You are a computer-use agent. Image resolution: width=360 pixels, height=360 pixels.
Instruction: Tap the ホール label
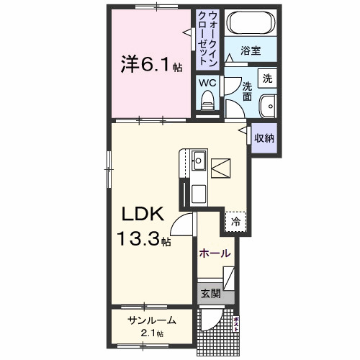[x=215, y=253]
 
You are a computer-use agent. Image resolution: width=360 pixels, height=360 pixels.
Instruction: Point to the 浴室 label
[x=250, y=51]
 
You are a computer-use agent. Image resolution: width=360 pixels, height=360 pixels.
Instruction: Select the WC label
[x=207, y=82]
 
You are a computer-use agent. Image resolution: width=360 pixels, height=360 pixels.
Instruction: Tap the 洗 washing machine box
[x=268, y=78]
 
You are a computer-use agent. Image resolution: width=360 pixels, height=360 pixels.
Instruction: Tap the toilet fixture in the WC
[x=207, y=102]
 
